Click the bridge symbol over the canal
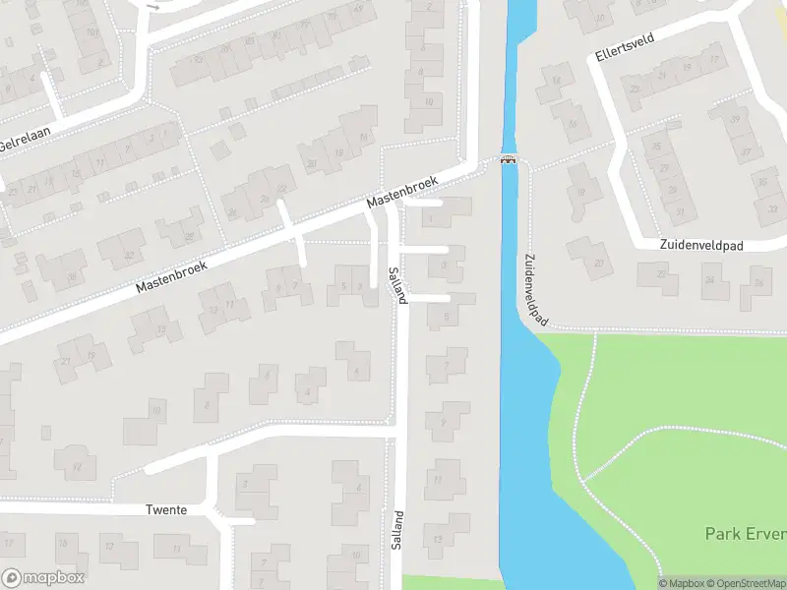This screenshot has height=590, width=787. tap(509, 160)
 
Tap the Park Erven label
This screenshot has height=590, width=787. tap(745, 534)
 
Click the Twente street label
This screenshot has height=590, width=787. tap(166, 510)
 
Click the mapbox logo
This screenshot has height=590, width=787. tap(43, 578)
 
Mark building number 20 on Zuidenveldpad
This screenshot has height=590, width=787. tap(599, 263)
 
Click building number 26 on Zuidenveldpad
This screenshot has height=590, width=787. tap(758, 282)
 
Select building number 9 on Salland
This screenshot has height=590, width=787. tap(444, 423)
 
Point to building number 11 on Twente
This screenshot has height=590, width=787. tap(176, 547)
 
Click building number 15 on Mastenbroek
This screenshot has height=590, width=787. tap(161, 328)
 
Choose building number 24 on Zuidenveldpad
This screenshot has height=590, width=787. tap(708, 280)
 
